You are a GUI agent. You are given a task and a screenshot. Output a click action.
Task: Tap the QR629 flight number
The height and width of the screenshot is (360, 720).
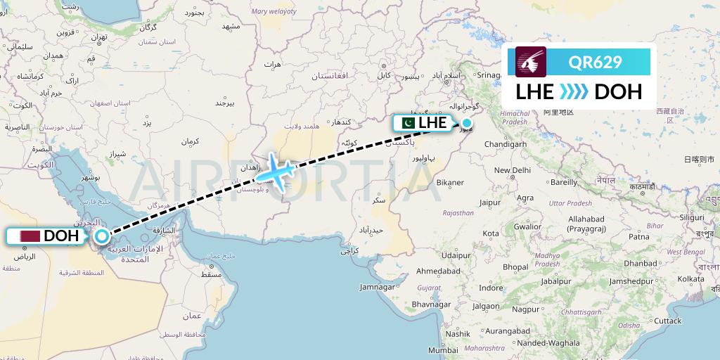[596, 62]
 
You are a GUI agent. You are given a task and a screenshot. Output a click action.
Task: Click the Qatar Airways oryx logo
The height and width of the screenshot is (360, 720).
[531, 62]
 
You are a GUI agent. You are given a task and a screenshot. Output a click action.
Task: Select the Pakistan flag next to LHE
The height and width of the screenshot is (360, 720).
[406, 122]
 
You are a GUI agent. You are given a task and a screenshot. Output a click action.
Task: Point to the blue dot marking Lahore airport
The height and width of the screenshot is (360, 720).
[466, 123]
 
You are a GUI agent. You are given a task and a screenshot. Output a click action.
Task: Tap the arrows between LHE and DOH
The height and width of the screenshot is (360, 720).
[574, 92]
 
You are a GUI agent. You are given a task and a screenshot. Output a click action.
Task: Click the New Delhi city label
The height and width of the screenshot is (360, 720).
[512, 170]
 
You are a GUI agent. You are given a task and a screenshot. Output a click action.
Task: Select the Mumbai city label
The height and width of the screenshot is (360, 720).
[443, 350]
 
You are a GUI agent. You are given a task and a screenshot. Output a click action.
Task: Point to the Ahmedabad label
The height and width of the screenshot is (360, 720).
[439, 271]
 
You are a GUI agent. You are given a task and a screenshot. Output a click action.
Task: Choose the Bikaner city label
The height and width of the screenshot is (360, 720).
[449, 182]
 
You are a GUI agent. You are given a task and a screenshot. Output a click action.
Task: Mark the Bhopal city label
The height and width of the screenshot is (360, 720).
[515, 267]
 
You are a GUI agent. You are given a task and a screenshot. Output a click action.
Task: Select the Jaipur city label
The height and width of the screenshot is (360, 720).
[489, 203]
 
